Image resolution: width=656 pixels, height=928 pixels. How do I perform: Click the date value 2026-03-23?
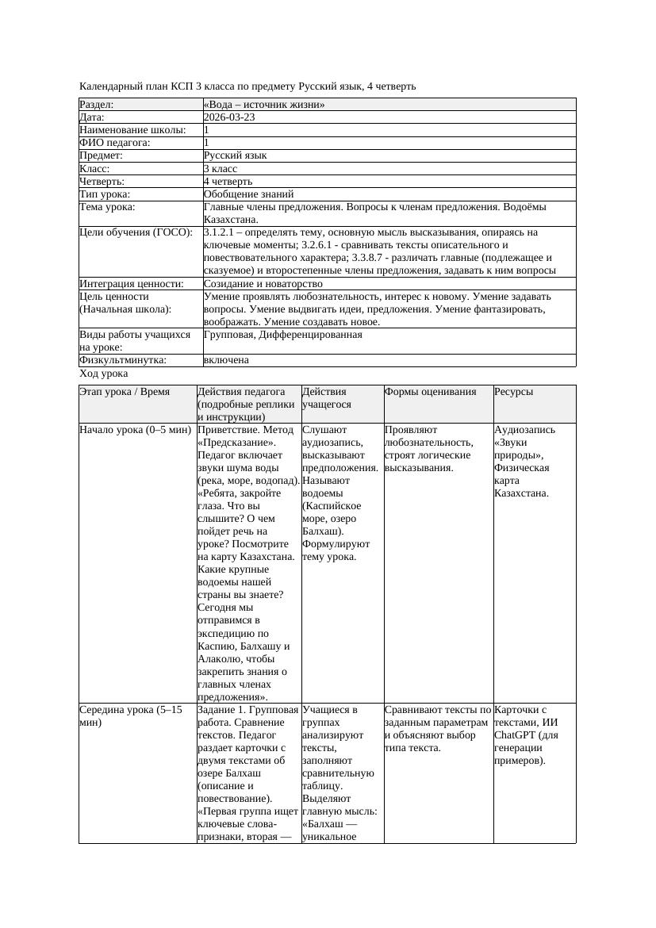point(229,117)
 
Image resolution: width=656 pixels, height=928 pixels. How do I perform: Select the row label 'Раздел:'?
point(97,105)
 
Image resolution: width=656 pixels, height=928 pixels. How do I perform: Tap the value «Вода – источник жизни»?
point(264,105)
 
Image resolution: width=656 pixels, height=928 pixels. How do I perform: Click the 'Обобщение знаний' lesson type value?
point(248,194)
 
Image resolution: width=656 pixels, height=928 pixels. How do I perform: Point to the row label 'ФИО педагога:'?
point(115,143)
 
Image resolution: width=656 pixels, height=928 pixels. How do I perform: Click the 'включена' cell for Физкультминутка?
point(226,360)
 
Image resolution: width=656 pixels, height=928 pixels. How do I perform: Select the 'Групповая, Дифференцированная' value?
point(282,335)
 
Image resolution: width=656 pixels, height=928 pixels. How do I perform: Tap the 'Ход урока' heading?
point(104,374)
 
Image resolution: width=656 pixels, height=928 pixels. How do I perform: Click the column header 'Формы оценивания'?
point(431,392)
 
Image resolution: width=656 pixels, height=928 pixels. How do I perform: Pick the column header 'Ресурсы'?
point(513,392)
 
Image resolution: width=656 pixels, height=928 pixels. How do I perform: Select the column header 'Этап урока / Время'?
point(125,392)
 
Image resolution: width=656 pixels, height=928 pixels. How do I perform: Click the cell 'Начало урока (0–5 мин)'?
point(136,430)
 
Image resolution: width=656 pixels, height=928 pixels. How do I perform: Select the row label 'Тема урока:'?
point(107,207)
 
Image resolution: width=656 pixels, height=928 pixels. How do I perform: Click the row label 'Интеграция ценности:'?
point(131,284)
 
